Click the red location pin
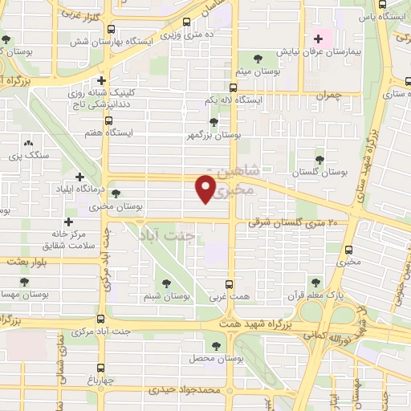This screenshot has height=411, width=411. [x=205, y=189]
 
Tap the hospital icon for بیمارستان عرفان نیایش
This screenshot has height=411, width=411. [x=319, y=37]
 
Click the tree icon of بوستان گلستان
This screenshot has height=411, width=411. [x=319, y=160]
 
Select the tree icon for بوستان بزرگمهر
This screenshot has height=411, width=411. [x=213, y=122]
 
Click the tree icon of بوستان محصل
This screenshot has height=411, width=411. [x=215, y=345]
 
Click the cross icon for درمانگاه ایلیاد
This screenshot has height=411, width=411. [x=79, y=177]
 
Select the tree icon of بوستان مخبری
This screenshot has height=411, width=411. [x=117, y=193]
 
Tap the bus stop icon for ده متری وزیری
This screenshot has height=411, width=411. [x=187, y=22]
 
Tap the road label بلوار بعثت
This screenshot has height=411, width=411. [x=27, y=262]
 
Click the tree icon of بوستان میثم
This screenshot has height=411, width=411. [x=258, y=58]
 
